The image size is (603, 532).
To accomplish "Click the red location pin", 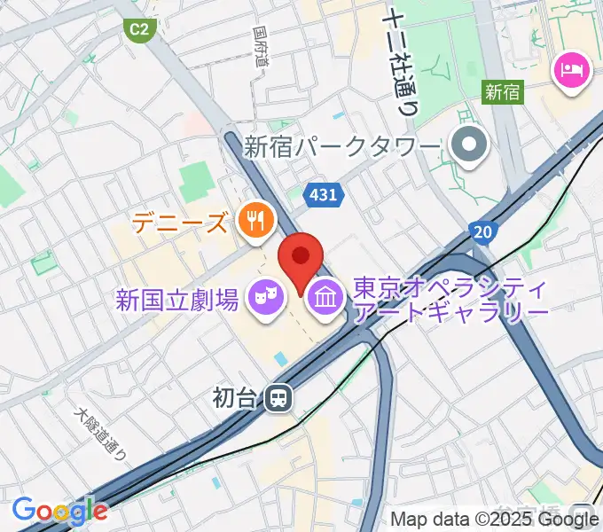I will (301, 258).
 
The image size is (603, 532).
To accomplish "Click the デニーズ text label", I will (180, 222).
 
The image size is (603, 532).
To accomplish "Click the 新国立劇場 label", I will (177, 299).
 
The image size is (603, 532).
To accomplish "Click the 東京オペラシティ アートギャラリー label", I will (450, 300).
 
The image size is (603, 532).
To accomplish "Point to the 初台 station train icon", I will (279, 398).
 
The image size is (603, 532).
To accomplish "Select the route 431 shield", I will (324, 193).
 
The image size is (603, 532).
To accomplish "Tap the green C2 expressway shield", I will (138, 29).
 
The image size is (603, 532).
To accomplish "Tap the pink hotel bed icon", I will (571, 69).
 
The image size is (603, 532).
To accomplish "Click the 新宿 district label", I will (503, 90).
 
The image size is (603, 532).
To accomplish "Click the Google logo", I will (59, 511).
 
